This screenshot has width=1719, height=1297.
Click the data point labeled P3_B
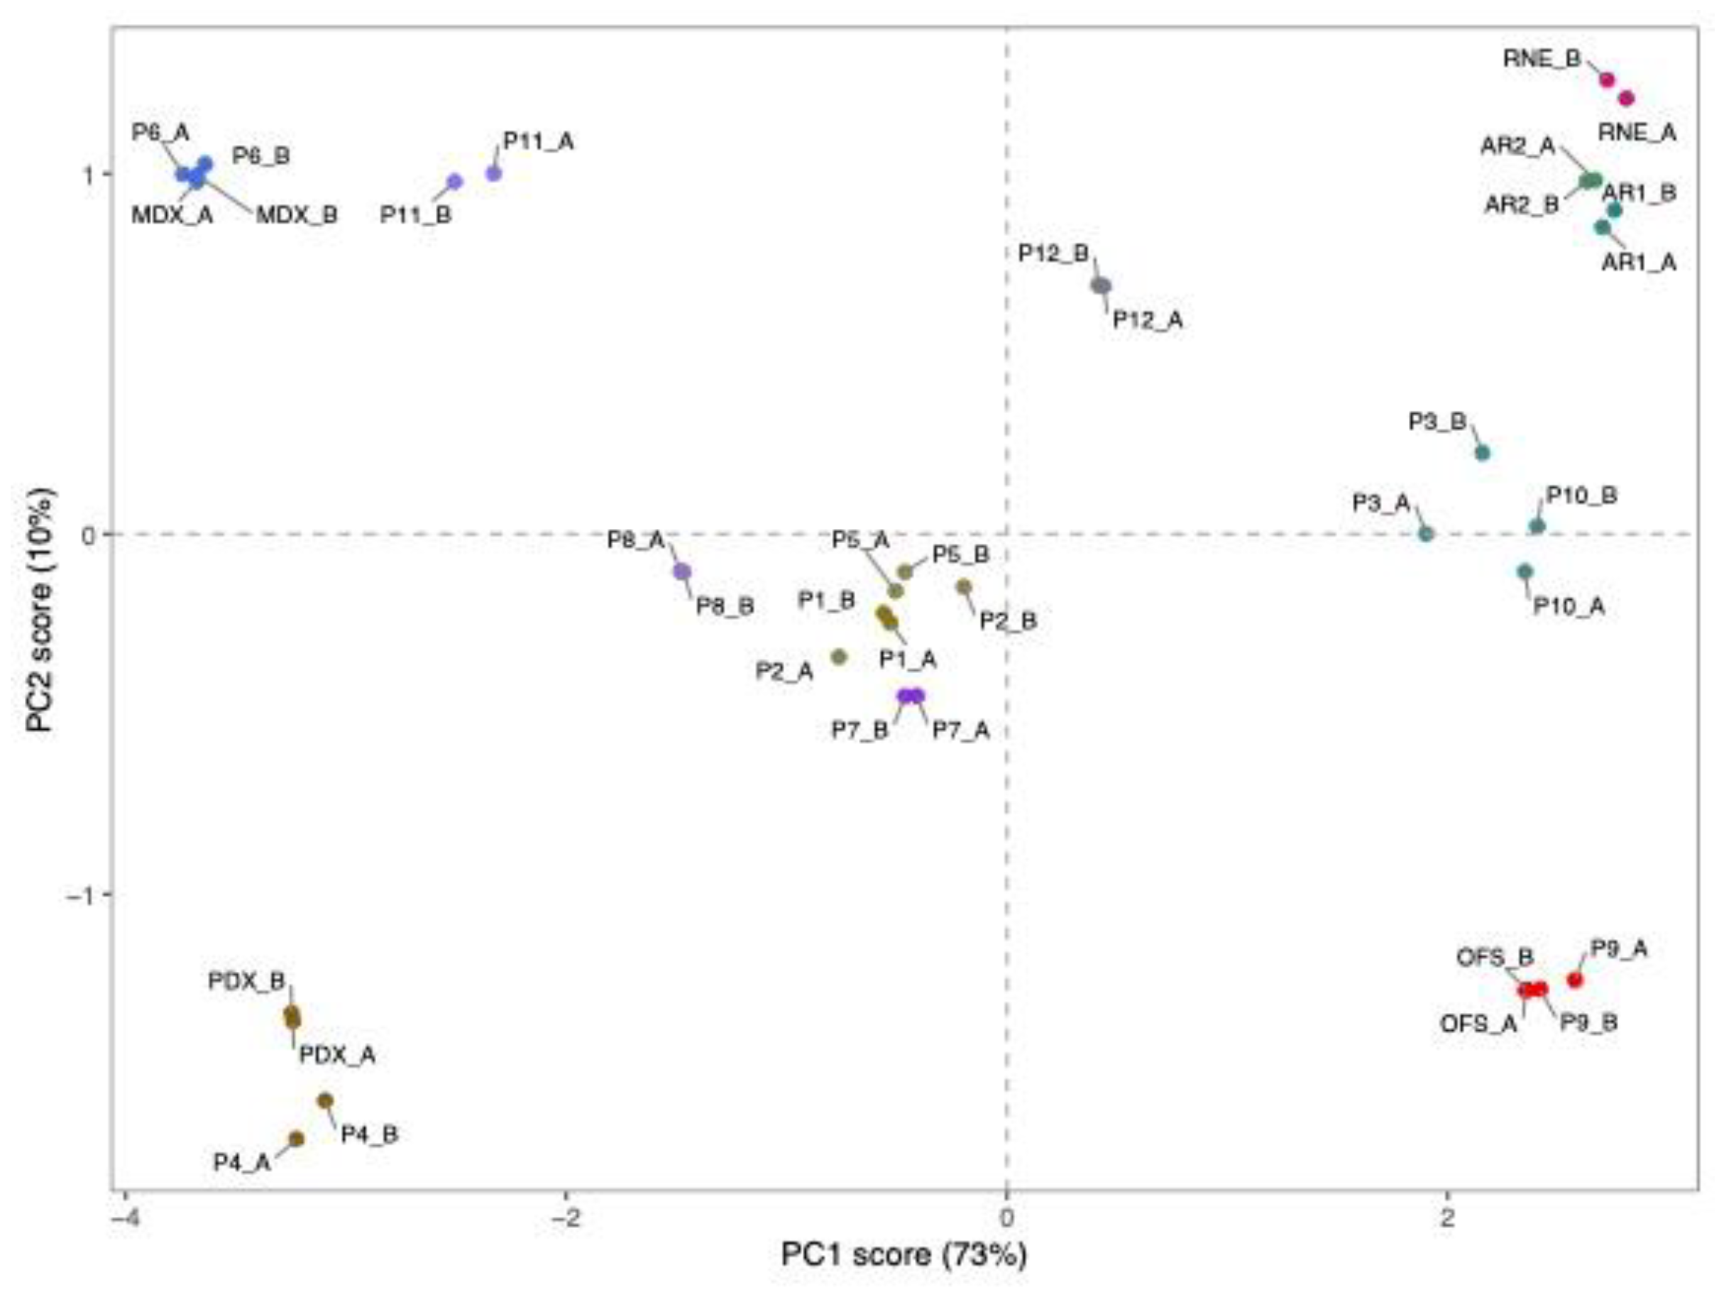click(1482, 452)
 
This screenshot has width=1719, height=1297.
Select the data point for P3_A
click(1426, 534)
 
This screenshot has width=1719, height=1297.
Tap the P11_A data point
click(493, 173)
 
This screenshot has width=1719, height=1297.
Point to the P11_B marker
click(455, 182)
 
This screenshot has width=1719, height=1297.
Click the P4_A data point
click(296, 1139)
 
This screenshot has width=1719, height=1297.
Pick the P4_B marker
click(326, 1100)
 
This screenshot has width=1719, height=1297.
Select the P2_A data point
click(838, 657)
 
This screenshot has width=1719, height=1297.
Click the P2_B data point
click(964, 586)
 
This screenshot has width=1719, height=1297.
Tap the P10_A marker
click(1525, 571)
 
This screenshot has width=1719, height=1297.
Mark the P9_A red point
click(1575, 980)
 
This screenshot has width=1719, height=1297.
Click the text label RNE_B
click(1542, 59)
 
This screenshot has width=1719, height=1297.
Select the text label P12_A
click(1148, 319)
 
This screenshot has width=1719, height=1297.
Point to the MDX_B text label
click(297, 215)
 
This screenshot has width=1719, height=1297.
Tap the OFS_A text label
click(1478, 1024)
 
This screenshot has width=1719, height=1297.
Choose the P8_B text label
click(724, 606)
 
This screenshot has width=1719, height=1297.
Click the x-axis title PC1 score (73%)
click(903, 1254)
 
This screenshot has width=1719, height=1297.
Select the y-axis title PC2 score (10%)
click(40, 609)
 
